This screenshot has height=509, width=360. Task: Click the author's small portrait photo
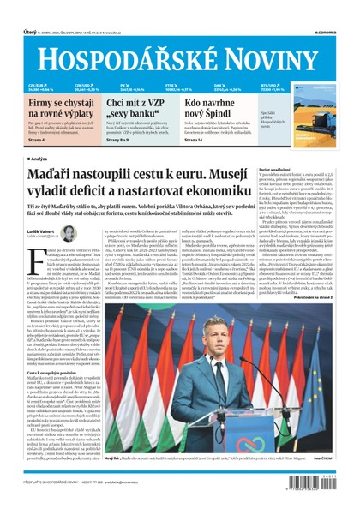tap(68, 233)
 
